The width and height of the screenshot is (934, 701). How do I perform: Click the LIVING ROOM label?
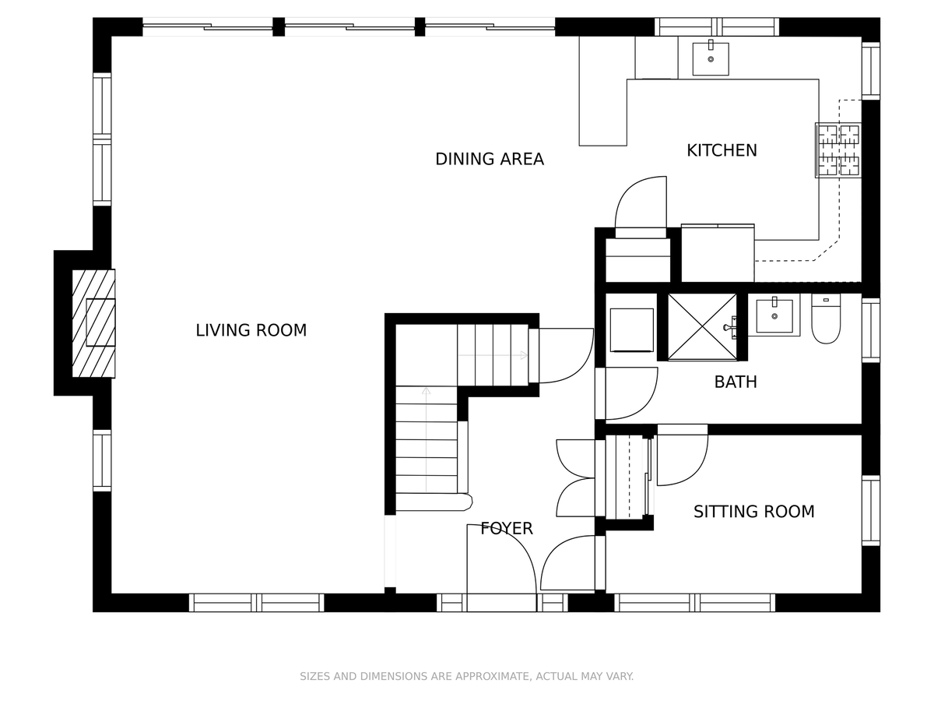(251, 330)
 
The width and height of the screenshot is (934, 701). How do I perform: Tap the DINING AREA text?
(490, 159)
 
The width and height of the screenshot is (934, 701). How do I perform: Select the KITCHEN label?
(722, 150)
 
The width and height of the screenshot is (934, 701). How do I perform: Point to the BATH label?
(736, 382)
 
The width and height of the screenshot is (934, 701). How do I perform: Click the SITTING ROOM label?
(753, 511)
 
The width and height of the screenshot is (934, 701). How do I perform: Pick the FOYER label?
(507, 528)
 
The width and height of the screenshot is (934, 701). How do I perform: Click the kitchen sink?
(710, 58)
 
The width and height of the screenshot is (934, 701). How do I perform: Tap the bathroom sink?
(774, 315)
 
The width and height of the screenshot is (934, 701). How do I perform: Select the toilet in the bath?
(826, 319)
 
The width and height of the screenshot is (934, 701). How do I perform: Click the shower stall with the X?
(702, 326)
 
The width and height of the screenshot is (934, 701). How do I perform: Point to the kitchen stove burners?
(837, 150)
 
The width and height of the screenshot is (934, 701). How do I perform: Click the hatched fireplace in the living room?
(93, 323)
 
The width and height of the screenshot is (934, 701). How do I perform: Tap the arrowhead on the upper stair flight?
(524, 355)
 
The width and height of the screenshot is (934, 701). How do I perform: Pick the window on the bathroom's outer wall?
(871, 329)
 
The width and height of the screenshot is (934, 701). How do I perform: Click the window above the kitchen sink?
(717, 26)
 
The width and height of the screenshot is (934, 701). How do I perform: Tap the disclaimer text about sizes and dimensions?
(466, 676)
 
